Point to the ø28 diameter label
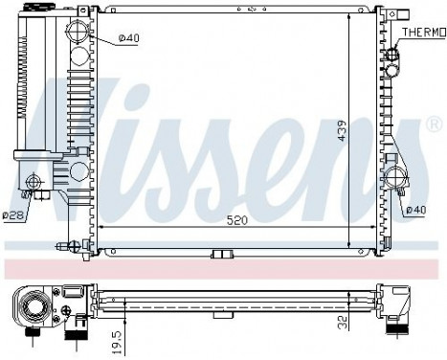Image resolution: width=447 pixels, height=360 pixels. pos(12,215)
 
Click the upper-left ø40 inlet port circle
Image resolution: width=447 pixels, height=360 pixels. pos(79,37)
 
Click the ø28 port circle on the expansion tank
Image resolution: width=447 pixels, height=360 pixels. pos(35,182)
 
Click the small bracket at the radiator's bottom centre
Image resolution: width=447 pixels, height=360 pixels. pos(222,254)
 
